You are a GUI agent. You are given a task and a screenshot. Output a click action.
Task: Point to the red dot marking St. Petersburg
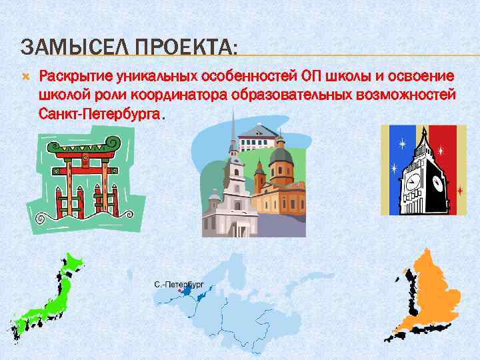click(x=181, y=291)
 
